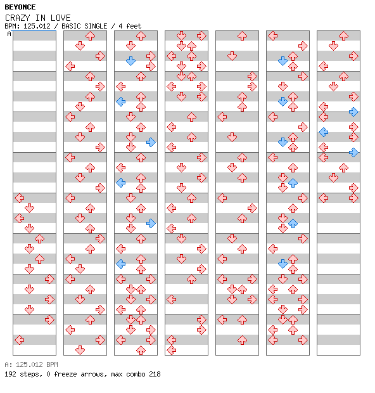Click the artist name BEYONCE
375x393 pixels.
tap(20, 7)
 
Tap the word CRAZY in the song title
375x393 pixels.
tap(17, 18)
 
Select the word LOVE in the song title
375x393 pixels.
tap(60, 18)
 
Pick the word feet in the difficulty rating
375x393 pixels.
tap(134, 26)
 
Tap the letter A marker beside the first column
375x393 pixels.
tap(10, 34)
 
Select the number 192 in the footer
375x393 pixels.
tap(10, 374)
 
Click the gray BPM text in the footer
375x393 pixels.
tap(52, 364)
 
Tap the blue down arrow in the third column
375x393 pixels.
tap(130, 61)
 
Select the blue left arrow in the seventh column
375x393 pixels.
tap(324, 132)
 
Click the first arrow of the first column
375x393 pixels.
tap(19, 198)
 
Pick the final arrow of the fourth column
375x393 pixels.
tap(171, 350)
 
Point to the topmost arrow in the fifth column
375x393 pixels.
tap(242, 36)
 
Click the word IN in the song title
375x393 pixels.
tap(40, 18)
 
